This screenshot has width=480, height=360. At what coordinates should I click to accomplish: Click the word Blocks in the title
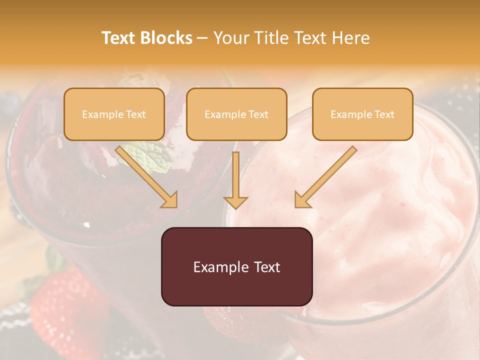[166, 38]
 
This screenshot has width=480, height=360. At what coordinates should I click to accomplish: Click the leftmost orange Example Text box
[114, 114]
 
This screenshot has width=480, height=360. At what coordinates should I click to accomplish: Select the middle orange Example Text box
[236, 114]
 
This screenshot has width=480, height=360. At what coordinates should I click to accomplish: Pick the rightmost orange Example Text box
[362, 114]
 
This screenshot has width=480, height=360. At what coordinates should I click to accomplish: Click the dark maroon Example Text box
[236, 266]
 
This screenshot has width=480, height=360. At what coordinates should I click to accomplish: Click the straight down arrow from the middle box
[235, 180]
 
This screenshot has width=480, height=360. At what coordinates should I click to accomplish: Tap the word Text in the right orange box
[384, 114]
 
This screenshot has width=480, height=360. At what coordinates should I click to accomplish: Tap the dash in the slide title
[202, 38]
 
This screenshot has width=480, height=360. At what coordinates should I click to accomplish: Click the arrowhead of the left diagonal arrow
[170, 200]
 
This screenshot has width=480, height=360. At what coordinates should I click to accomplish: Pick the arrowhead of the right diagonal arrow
[302, 200]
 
